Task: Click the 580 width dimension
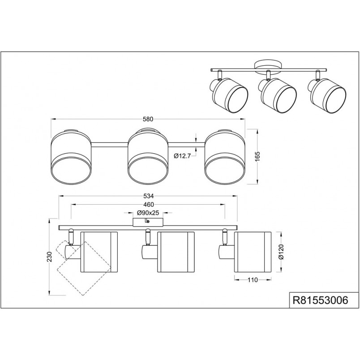coord(148,119)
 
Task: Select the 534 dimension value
coord(148,196)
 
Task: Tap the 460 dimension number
coord(148,205)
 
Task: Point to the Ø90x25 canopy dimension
coord(148,213)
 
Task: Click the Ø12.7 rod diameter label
coord(182,156)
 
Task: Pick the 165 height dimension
coord(257,156)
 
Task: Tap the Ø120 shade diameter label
coord(282,252)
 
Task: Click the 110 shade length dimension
coord(253,280)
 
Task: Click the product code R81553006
coord(320,300)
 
